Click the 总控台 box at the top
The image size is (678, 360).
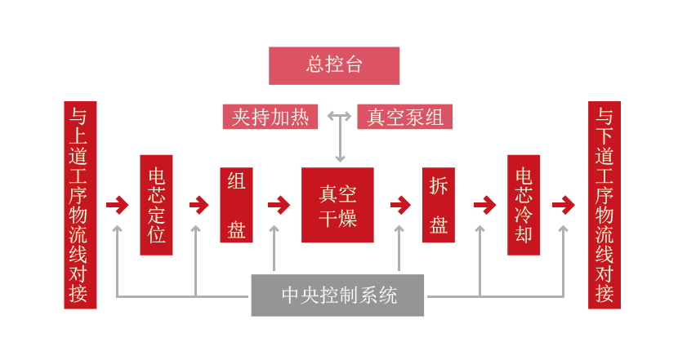pos(334,65)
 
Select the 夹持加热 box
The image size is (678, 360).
pos(270,117)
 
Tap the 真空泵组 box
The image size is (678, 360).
pos(404,117)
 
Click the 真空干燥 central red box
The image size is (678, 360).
pos(337,205)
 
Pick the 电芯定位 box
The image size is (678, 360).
pos(156,205)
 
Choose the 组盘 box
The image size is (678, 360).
pos(236,205)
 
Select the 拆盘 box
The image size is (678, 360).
pos(439,205)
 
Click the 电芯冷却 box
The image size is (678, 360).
pos(524,205)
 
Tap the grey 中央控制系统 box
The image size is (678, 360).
pos(337,295)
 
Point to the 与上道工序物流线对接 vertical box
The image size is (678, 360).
pos(80,205)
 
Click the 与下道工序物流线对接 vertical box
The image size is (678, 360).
pos(604,205)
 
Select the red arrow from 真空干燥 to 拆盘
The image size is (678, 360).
pos(399,205)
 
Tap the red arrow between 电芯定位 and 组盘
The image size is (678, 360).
pos(198,205)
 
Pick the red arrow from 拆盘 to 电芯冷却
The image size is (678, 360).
pos(484,205)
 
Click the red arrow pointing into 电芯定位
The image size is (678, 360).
pos(118,205)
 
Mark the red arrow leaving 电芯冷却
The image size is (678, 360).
pos(563,205)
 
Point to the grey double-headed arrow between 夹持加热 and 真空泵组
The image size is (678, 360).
pos(340,116)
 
